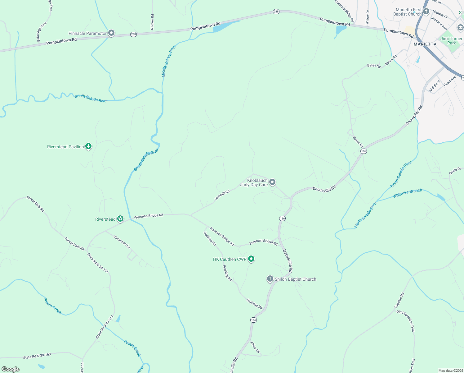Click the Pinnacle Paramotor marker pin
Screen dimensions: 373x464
pos(111,33)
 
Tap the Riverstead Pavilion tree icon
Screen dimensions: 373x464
pos(88,146)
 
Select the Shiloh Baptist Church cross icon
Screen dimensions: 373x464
pos(270,279)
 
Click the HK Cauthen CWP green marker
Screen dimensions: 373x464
pos(251,259)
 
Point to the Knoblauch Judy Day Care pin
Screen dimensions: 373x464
pos(272,182)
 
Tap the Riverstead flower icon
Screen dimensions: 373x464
pos(120,219)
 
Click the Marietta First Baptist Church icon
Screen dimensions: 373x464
pos(426,12)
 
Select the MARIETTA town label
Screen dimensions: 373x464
pos(425,44)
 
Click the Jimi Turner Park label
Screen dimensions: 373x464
pos(451,41)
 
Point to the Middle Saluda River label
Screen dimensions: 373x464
pos(169,61)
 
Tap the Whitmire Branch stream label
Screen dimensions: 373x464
pos(407,193)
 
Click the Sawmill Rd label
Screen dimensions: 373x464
pos(222,195)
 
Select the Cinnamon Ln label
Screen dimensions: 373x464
pos(122,242)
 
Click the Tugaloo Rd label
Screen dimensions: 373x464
pos(399,300)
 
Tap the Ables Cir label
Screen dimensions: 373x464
pos(255,347)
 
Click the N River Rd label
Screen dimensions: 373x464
pos(152,22)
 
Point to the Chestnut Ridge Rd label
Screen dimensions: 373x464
pos(344,11)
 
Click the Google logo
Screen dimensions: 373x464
pos(11,369)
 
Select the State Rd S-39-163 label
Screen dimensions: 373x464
pos(37,356)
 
